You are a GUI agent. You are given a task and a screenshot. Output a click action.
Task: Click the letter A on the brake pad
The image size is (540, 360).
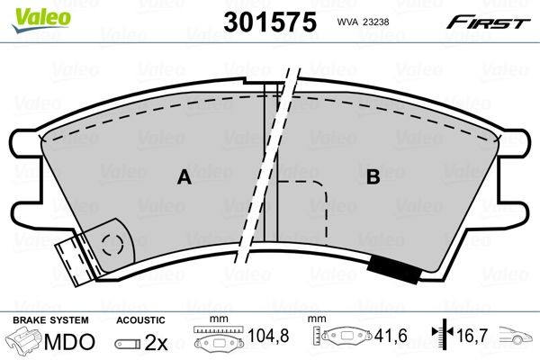pyautogui.click(x=184, y=178)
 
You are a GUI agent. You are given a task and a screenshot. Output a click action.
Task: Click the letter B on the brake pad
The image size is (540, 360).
pyautogui.click(x=372, y=178)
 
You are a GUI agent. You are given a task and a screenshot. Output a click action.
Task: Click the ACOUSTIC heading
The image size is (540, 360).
pyautogui.click(x=141, y=320)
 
